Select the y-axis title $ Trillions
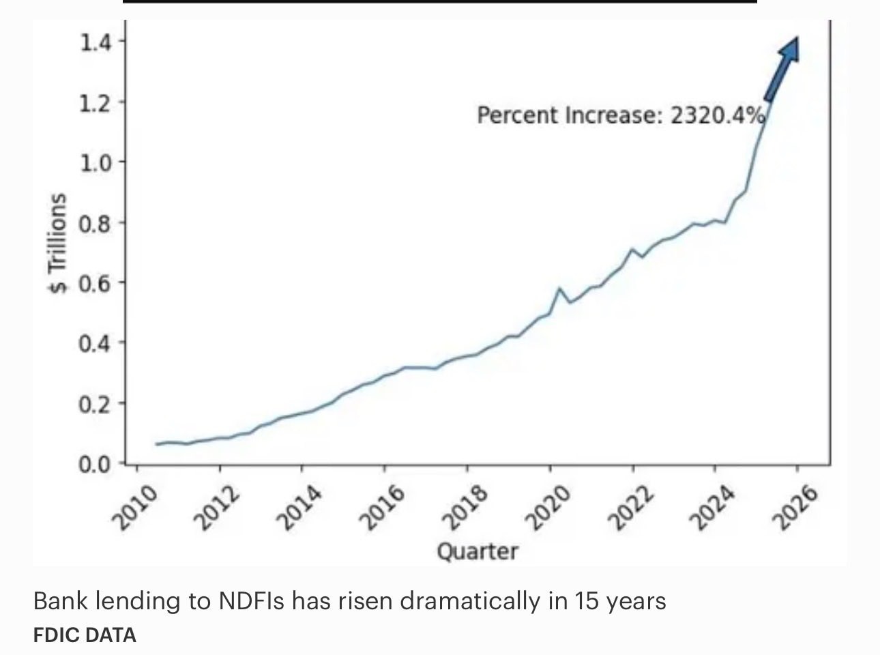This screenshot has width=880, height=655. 59,242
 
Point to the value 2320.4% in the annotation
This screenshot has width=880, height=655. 717,115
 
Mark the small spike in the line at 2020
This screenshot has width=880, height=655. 559,289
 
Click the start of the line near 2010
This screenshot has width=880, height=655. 157,444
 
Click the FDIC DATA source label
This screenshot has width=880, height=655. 85,635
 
